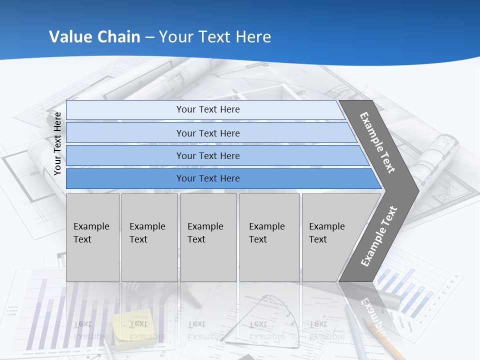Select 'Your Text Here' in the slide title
215,37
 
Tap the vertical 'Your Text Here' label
57,143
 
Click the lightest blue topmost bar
207,109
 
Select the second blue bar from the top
207,133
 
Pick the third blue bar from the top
207,155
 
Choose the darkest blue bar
207,178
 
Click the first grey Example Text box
92,237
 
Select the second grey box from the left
149,237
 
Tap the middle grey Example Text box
208,237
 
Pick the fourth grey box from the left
269,237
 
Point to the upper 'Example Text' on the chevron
377,142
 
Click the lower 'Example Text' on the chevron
379,236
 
